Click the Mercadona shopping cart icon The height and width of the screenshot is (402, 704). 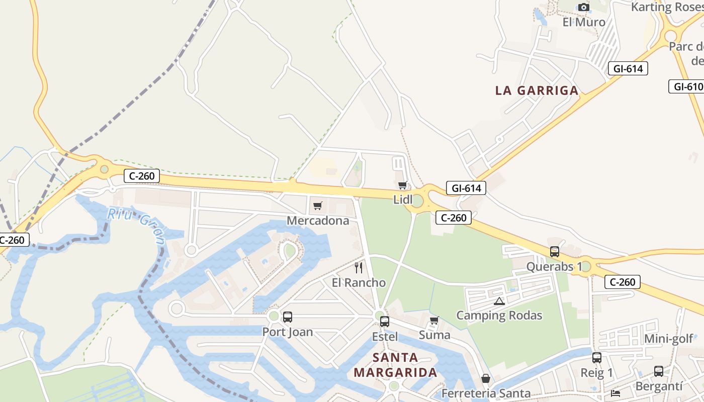click(317, 206)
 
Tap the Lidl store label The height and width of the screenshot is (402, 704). click(403, 199)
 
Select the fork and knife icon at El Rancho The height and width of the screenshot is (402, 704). click(359, 267)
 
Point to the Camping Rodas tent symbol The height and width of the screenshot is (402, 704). click(499, 301)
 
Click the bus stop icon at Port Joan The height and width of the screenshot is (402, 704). click(288, 317)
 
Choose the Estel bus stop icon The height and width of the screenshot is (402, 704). click(385, 322)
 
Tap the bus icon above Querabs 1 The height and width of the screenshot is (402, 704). click(555, 252)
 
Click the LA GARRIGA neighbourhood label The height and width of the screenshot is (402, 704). click(537, 90)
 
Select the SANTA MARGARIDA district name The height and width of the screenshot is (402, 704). click(395, 365)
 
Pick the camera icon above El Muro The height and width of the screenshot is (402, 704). click(583, 7)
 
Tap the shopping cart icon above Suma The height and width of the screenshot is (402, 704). click(434, 320)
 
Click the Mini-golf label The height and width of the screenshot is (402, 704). click(669, 339)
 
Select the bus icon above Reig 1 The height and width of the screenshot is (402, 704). click(597, 358)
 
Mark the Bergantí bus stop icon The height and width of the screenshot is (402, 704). click(659, 371)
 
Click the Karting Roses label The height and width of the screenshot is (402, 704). click(666, 7)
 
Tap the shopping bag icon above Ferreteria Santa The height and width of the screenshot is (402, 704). click(486, 378)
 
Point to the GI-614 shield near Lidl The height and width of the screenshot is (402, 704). click(466, 188)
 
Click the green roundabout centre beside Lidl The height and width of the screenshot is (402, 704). click(417, 201)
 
